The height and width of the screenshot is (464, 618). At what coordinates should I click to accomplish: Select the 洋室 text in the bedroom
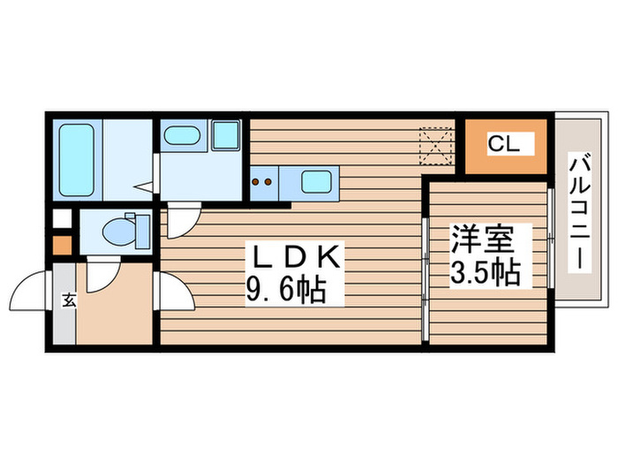484,240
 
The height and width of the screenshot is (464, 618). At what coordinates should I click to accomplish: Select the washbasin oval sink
182,136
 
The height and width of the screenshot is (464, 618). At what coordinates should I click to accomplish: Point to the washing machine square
226,136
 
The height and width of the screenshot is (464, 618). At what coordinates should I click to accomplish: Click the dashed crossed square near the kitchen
435,146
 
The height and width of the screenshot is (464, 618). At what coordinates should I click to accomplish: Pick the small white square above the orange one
61,217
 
